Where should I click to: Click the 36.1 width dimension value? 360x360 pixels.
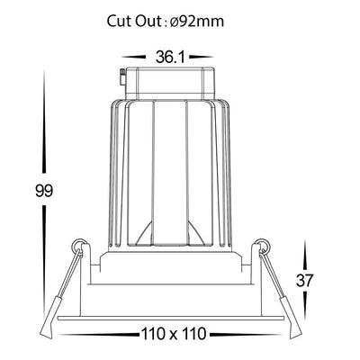coord(170,57)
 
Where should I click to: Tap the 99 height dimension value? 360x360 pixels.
coord(44,191)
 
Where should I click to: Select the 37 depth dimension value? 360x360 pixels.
coord(304,281)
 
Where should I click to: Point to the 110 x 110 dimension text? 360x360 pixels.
coord(173,334)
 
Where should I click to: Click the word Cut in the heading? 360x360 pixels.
coord(118,22)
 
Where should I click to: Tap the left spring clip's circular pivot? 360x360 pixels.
coord(79,246)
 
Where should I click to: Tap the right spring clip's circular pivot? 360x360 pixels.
coord(263,246)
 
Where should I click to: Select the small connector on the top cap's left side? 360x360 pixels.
coord(122,77)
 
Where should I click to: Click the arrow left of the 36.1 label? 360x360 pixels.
coord(134,57)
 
